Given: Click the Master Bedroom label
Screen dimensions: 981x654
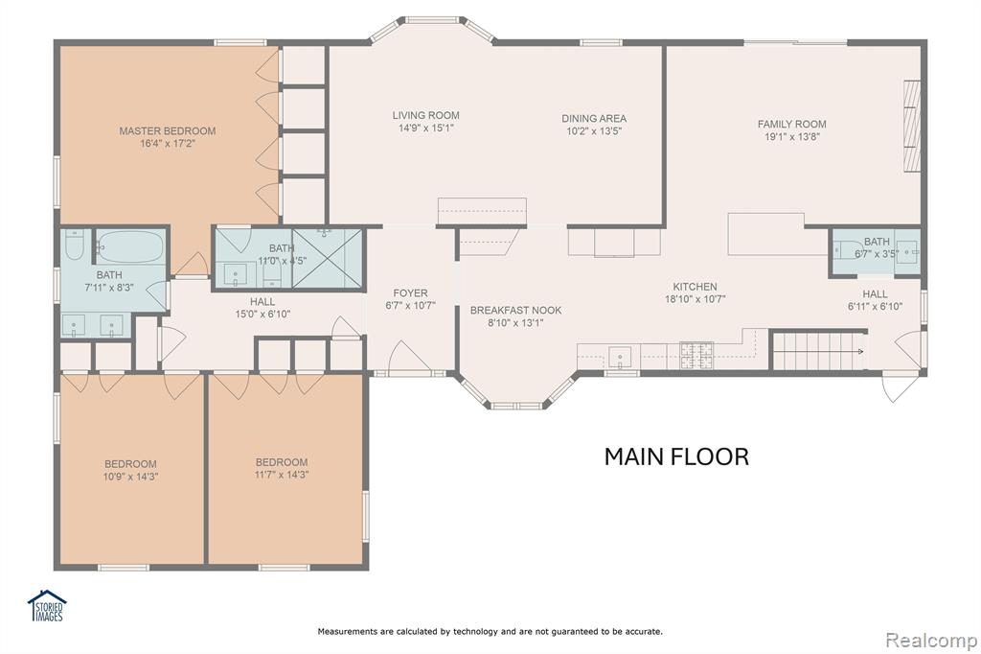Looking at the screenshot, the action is click(x=167, y=131).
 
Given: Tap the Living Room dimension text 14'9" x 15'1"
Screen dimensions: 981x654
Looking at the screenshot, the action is click(x=426, y=128).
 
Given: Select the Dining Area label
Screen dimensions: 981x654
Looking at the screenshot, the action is click(x=594, y=118).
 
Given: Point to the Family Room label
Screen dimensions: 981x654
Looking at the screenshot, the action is click(x=792, y=124).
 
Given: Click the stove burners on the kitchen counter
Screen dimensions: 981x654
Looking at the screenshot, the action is click(x=696, y=355).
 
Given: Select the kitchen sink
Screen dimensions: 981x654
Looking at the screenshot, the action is click(x=620, y=358).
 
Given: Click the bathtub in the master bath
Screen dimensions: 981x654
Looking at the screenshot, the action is click(x=130, y=246).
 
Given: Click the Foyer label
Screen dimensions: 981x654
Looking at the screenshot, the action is click(x=410, y=293).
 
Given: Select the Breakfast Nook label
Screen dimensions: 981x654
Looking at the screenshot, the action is click(x=515, y=310).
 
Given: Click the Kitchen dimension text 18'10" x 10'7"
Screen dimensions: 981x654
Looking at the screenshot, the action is click(x=696, y=299).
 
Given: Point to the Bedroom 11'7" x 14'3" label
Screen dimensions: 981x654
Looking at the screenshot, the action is click(x=282, y=462).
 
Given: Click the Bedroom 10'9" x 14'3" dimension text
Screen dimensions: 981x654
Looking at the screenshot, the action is click(x=130, y=477).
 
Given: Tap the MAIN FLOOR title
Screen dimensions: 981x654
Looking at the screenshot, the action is click(x=676, y=456).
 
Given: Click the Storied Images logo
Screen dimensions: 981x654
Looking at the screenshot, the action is click(x=48, y=606).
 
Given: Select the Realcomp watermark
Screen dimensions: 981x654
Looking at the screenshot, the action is click(x=931, y=641).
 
